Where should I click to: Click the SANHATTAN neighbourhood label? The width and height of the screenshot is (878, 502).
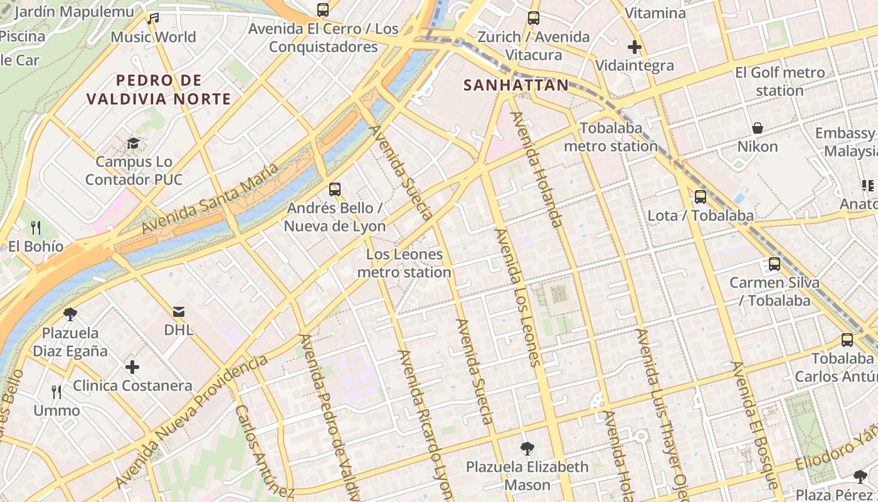point(516,85)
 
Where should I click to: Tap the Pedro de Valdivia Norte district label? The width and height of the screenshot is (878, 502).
point(159,89)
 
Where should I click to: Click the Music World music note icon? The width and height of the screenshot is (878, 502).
point(153,19)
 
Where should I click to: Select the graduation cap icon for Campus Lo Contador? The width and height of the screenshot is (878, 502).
point(133,144)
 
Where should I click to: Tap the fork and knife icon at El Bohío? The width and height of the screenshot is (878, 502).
point(36,227)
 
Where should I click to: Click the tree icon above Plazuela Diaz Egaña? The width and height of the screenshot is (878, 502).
point(70,314)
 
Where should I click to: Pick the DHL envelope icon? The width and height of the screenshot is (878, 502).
point(179,311)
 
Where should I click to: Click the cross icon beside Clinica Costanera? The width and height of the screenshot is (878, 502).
point(132,366)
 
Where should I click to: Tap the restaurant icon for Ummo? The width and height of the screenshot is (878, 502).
point(56,392)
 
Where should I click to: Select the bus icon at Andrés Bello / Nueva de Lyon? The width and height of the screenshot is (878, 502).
point(335,189)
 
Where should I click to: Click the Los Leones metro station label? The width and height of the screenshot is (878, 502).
point(405,264)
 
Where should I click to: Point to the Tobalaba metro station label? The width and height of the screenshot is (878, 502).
point(611,137)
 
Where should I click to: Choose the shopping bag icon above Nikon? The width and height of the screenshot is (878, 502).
point(758,128)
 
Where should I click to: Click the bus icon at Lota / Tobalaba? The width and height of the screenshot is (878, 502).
point(701,197)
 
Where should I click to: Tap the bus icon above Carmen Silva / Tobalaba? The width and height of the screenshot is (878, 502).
point(775,264)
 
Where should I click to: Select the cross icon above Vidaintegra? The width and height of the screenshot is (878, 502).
point(635,47)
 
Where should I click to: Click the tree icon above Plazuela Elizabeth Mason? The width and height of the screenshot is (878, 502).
point(527,448)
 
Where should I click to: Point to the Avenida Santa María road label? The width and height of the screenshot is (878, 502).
point(209,198)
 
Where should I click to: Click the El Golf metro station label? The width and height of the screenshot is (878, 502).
point(780,82)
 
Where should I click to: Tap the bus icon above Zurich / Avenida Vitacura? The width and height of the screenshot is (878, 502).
point(534,18)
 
